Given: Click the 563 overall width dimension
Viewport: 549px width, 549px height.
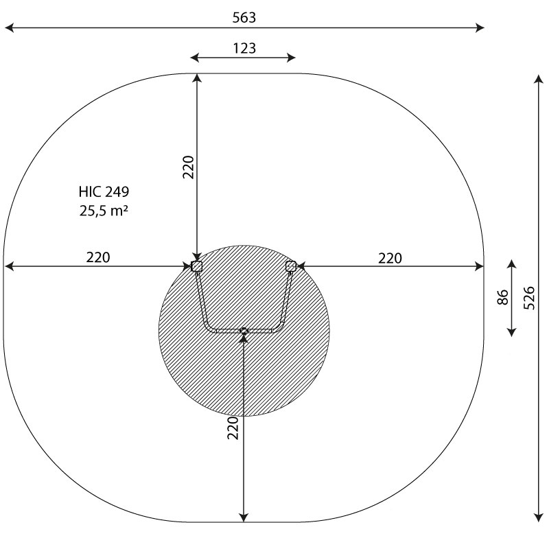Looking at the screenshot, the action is tap(244, 18).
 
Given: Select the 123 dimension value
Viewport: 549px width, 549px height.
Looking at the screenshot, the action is tap(244, 48).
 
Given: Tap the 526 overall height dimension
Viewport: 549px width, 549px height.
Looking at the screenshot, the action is tap(529, 298).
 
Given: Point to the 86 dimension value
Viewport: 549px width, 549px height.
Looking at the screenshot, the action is tap(502, 297).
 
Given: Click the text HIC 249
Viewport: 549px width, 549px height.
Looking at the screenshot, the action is tap(104, 192).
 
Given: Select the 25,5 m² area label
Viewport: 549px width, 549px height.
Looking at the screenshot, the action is tap(104, 211).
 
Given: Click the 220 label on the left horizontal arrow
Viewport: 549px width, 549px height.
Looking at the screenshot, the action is tap(98, 257).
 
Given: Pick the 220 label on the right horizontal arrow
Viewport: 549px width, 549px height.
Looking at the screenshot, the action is tap(390, 259).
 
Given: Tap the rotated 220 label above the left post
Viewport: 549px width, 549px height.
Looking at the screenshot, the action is tap(188, 167).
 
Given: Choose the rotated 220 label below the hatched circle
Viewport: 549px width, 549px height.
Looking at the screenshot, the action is tap(233, 428).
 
